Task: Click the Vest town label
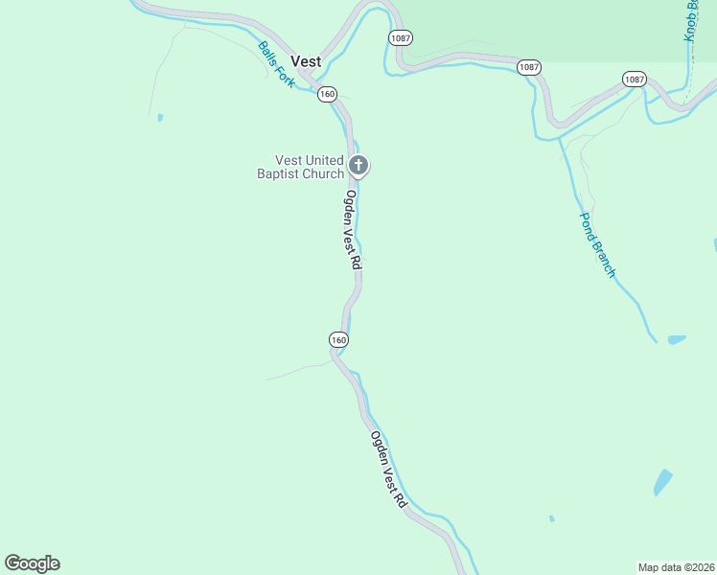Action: click(306, 60)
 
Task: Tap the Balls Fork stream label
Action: click(277, 64)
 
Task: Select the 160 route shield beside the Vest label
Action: click(328, 94)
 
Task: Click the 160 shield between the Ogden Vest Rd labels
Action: click(338, 340)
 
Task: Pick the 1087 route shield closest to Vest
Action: click(400, 36)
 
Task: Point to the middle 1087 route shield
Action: click(529, 67)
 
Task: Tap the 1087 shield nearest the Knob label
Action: click(634, 79)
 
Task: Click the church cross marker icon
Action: click(358, 166)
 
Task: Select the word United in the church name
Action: click(324, 160)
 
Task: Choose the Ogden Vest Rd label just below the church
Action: click(353, 229)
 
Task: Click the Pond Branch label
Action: click(596, 244)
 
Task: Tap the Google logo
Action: click(32, 563)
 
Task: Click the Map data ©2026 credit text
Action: click(676, 567)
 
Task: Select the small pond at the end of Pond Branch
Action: click(677, 339)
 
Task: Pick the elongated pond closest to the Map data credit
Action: click(662, 481)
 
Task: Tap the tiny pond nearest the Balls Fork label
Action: click(160, 118)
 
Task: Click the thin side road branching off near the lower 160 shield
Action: click(297, 370)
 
